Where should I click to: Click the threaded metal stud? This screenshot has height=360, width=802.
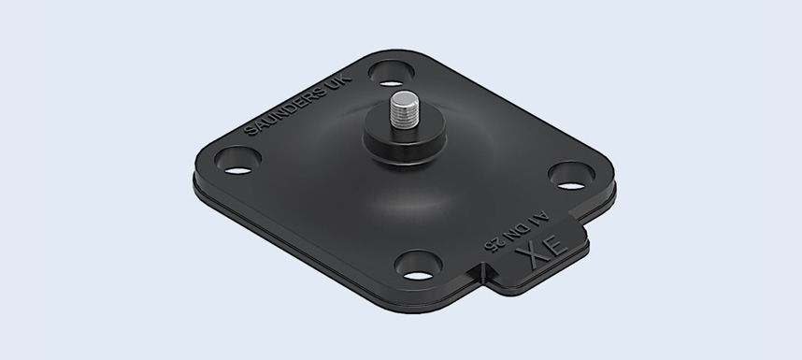405,110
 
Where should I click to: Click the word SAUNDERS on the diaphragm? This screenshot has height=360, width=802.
285,112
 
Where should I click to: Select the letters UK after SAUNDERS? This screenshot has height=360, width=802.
339,84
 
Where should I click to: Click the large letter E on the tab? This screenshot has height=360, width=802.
556,243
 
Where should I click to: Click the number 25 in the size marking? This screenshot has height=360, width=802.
494,243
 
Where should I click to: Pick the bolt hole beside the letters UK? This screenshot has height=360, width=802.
392,74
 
